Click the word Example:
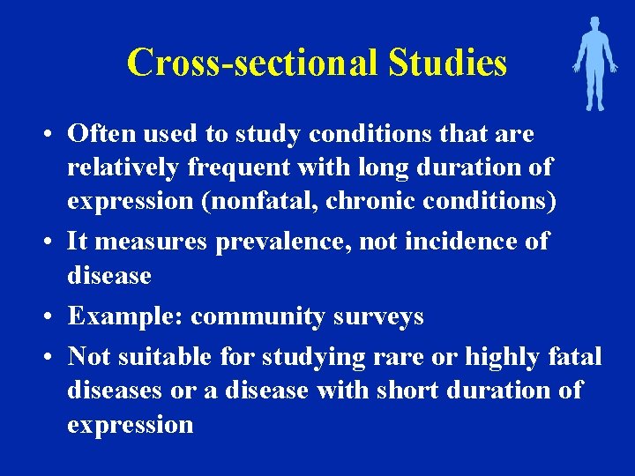coord(125,316)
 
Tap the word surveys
coord(377,316)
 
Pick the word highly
coord(503,357)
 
